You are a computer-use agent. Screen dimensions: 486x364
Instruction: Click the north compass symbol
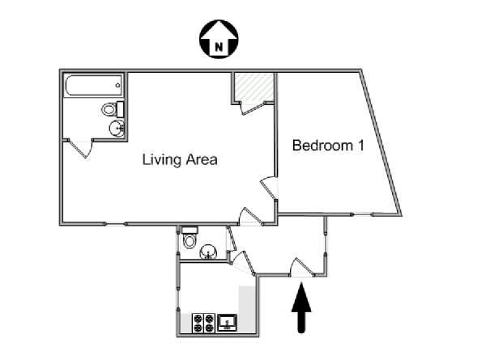[219, 39]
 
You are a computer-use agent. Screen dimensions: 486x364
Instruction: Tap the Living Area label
[180, 159]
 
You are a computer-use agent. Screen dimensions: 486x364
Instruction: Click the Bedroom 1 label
[328, 145]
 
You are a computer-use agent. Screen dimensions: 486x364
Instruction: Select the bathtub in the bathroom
[94, 86]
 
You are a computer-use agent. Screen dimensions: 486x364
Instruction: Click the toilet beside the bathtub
[113, 109]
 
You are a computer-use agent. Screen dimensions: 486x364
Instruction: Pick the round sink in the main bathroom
[117, 128]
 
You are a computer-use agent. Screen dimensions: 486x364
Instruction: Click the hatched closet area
[254, 87]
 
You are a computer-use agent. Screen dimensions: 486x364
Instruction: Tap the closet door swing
[252, 108]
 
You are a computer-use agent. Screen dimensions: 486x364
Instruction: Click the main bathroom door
[80, 148]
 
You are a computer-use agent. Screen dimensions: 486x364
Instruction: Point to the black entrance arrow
[301, 308]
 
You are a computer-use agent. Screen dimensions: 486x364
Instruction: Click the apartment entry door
[301, 268]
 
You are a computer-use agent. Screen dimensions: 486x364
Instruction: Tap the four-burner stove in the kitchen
[203, 323]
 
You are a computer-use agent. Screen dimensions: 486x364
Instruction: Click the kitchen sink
[228, 323]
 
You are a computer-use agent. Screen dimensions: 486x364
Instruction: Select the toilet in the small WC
[190, 237]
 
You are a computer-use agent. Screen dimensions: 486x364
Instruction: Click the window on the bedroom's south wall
[362, 214]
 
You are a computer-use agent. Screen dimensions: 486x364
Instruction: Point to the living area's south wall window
[115, 224]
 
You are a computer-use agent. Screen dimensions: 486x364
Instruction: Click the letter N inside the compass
[219, 48]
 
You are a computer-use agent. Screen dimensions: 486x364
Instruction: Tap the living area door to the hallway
[251, 217]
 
